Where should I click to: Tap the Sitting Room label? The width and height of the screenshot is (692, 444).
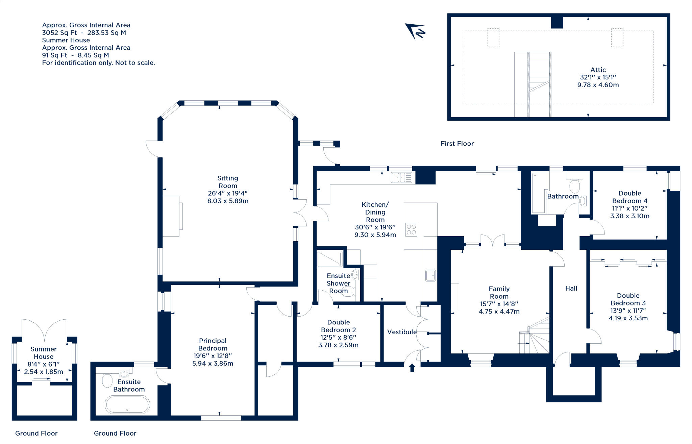point(228,182)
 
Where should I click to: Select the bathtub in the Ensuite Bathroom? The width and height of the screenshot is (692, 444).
point(127,404)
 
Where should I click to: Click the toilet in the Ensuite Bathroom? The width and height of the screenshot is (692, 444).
point(107,380)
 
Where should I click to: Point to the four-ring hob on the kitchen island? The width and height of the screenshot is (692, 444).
point(411,229)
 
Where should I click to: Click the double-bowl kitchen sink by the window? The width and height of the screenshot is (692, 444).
point(402,177)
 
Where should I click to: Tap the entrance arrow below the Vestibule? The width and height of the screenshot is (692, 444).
point(412,368)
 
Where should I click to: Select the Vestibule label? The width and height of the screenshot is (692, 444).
point(402,332)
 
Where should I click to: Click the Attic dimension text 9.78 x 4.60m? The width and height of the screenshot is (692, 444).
point(598,85)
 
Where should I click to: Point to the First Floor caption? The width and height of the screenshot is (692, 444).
point(457,144)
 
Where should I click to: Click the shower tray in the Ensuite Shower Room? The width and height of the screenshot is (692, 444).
point(330,258)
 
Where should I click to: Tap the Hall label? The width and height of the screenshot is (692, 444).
point(571,288)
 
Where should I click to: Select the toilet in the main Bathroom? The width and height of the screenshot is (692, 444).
point(574,186)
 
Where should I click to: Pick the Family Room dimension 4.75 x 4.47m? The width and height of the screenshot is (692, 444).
point(499,312)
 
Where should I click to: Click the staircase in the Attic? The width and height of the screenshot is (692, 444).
point(539,78)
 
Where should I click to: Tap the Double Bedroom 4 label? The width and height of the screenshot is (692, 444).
point(629,197)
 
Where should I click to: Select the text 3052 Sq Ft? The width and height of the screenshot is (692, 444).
point(59,33)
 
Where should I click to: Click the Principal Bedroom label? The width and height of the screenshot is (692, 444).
point(213,344)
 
